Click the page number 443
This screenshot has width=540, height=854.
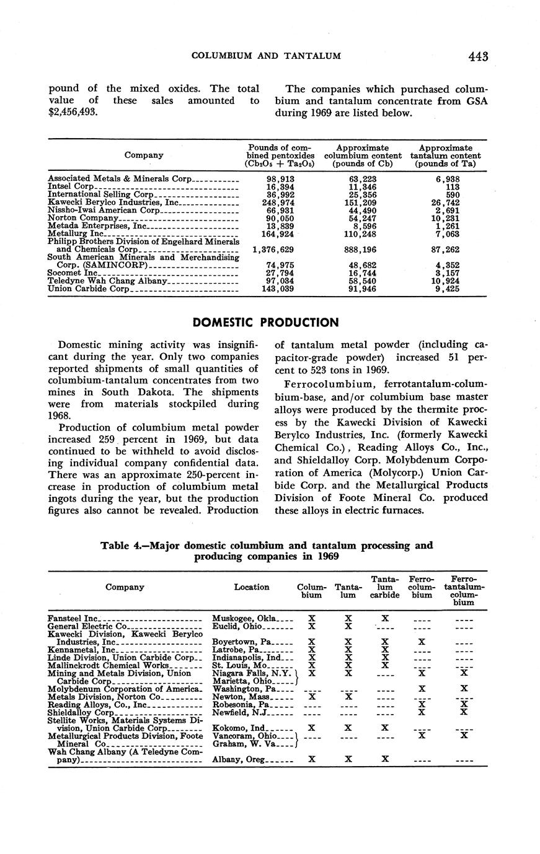coord(479,56)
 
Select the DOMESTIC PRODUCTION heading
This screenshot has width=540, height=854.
coord(266,322)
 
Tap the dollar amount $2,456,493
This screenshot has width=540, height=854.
coord(73,112)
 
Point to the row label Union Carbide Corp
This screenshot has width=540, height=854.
coord(89,289)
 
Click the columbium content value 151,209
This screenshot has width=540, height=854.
coord(363,202)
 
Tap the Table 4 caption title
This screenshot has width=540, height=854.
coord(267,551)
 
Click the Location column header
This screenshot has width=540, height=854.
coord(251,586)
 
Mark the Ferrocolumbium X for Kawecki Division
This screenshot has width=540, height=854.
coord(422,642)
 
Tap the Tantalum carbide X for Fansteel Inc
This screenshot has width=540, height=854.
coord(385,618)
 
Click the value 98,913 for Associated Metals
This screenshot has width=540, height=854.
coord(280,178)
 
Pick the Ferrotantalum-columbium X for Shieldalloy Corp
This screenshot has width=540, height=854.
coord(463,712)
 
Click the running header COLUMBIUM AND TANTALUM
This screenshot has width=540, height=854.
coord(266,56)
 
